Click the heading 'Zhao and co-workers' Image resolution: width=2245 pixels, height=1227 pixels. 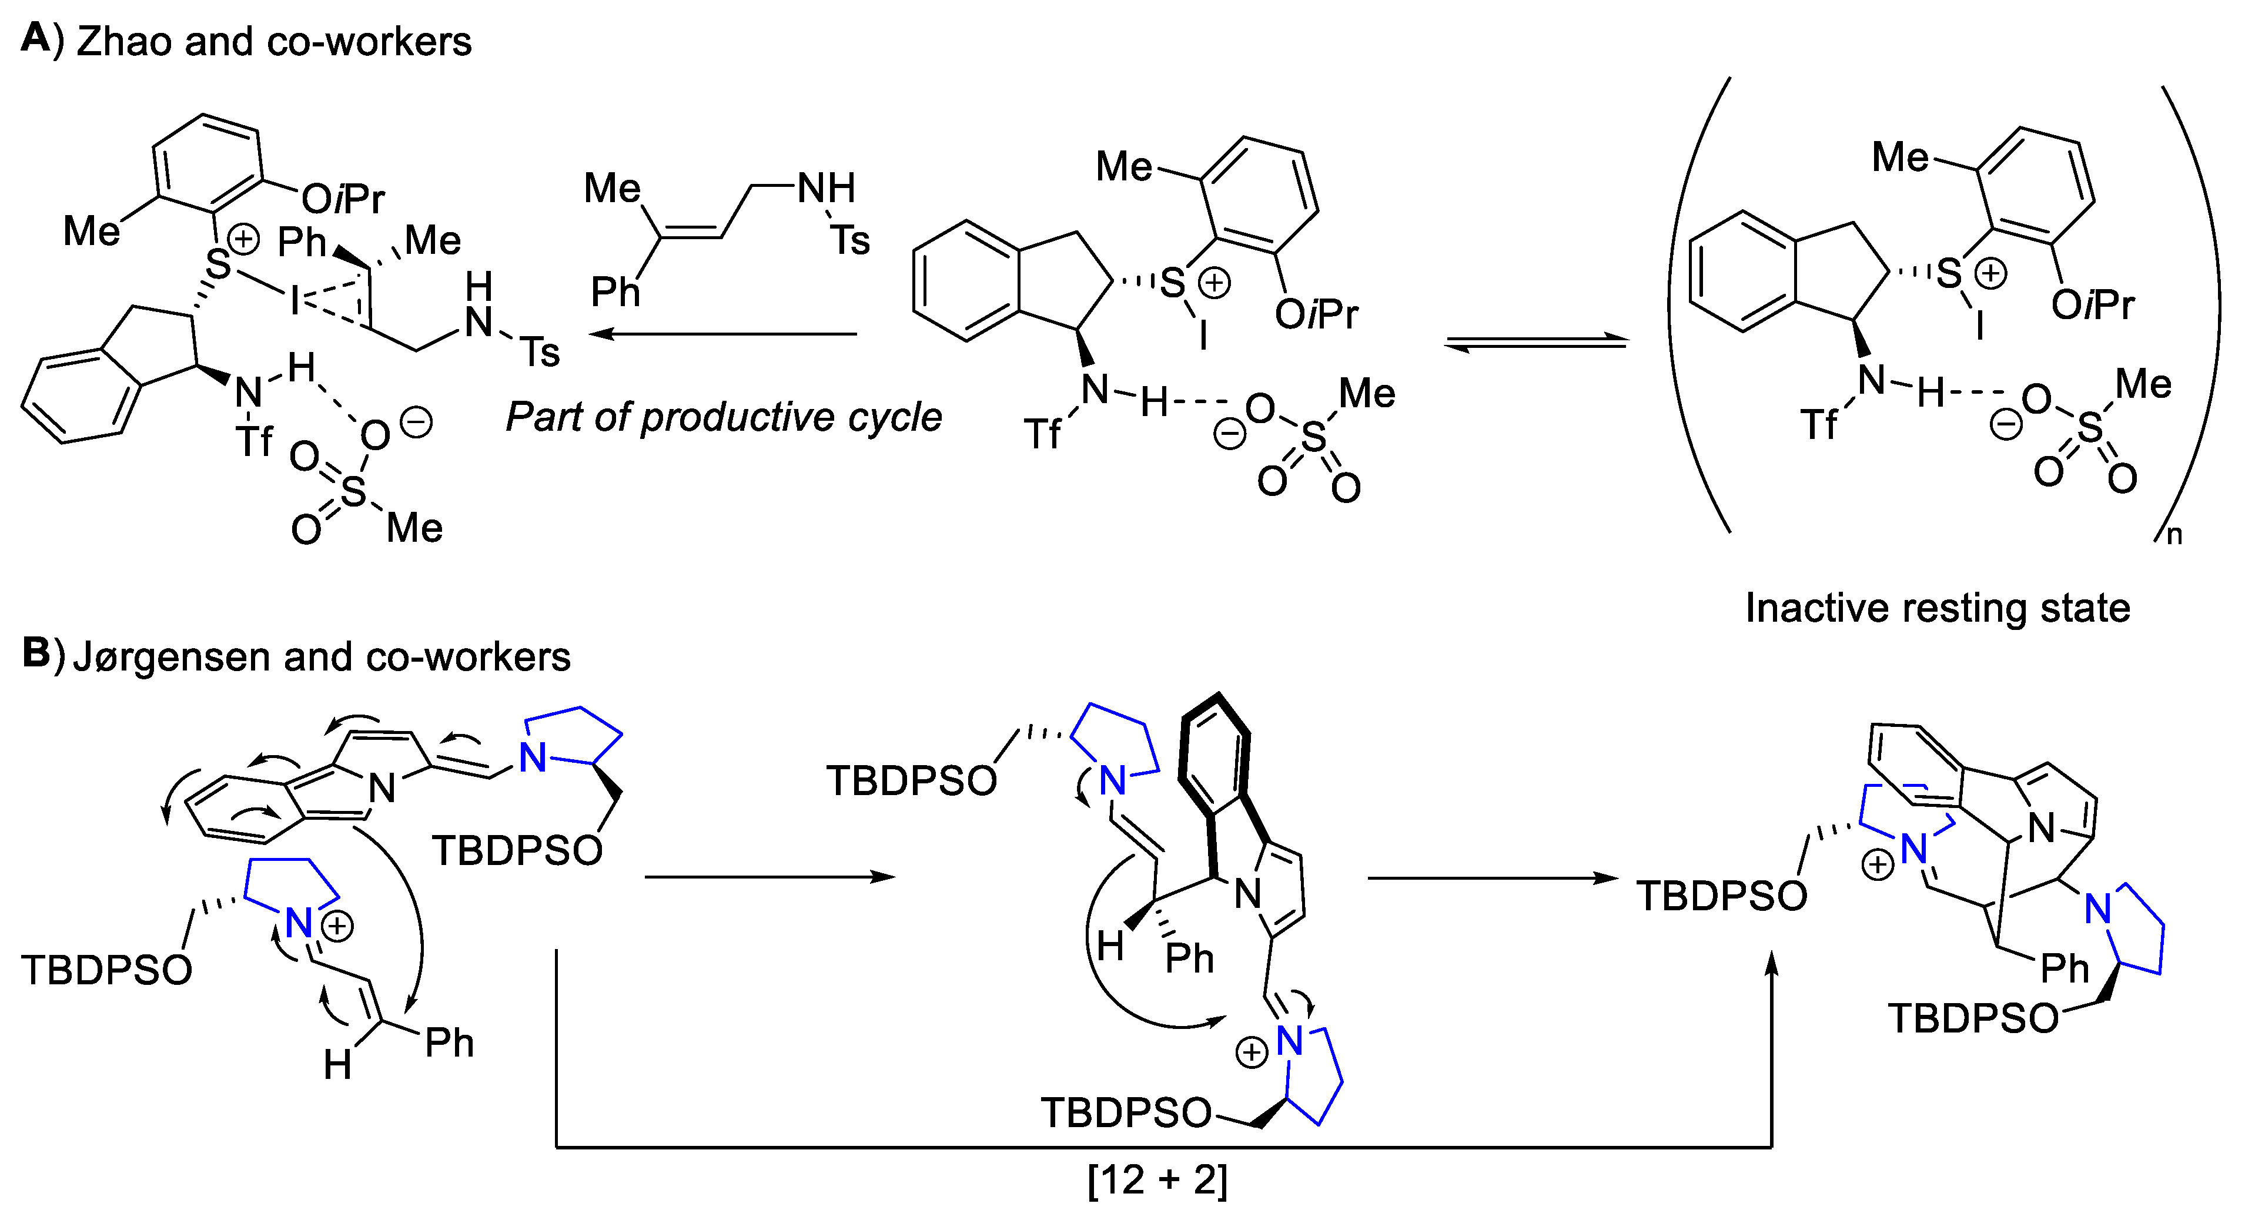point(274,42)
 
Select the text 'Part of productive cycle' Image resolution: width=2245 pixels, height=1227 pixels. point(724,417)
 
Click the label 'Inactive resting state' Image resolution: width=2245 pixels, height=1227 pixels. point(1938,608)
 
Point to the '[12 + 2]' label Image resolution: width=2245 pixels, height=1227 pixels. point(1158,1180)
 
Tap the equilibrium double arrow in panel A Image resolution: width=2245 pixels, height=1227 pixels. point(1535,344)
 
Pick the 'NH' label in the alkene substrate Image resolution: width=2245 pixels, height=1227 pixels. point(826,188)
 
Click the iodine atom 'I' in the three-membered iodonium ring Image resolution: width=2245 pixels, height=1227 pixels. point(296,301)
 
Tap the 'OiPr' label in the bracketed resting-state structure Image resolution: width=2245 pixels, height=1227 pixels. point(2093,305)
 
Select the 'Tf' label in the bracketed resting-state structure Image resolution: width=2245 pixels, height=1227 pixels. point(1820,425)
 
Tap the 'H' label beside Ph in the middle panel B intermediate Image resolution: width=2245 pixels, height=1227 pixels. point(1109,946)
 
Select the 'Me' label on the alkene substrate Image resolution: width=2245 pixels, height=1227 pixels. point(612,188)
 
